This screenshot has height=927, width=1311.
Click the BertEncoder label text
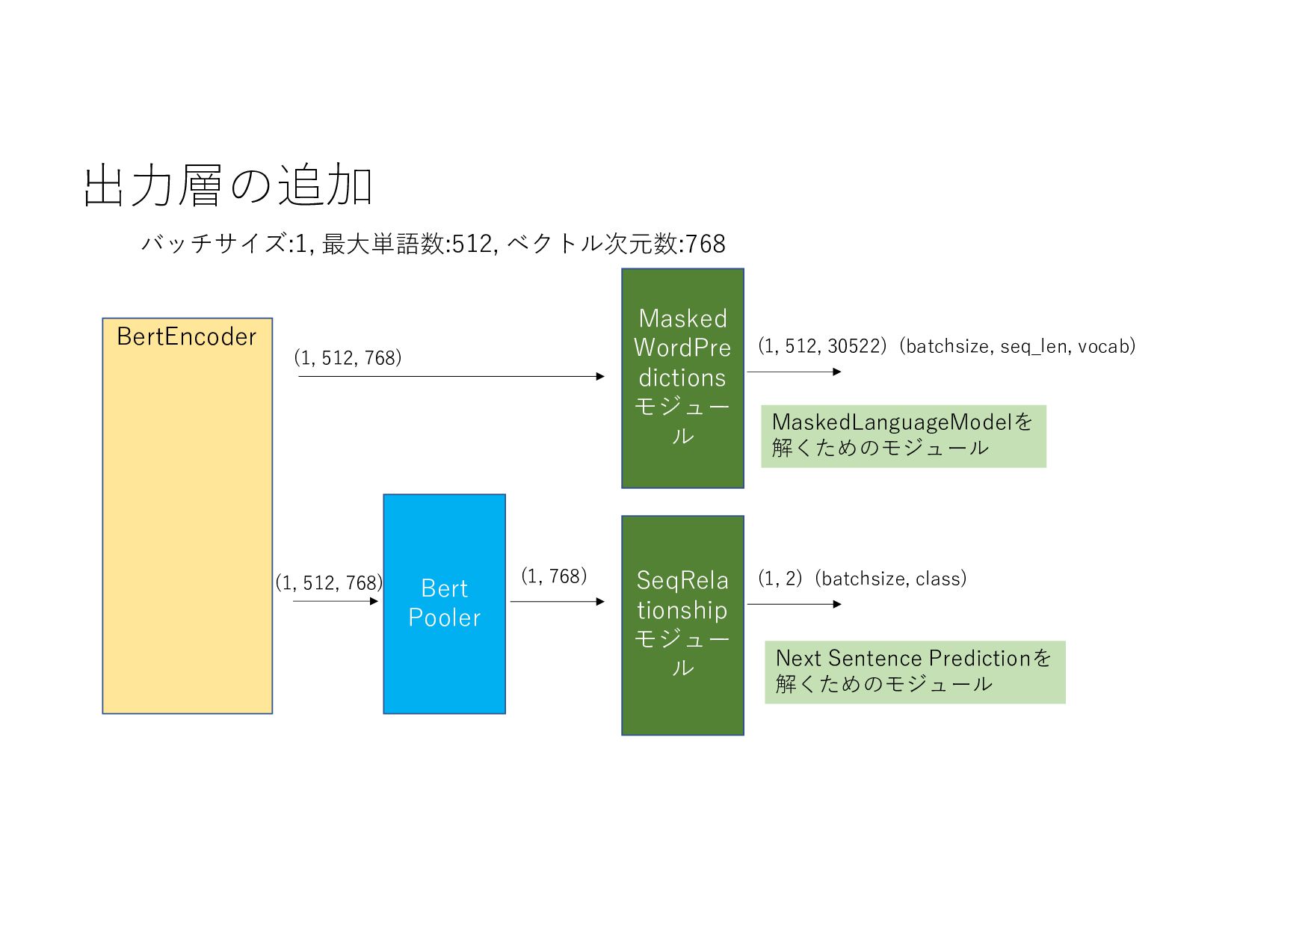point(187,337)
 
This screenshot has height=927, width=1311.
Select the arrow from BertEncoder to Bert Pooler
point(336,601)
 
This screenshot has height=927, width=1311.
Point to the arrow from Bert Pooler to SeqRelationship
point(557,601)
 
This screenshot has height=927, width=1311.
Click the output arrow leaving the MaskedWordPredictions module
point(794,372)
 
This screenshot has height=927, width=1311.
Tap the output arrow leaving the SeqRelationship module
point(794,604)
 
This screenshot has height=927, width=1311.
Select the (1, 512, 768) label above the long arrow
point(348,358)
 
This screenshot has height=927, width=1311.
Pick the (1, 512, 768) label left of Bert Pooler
point(329,583)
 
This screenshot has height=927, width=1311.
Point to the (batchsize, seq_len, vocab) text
point(1020,346)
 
